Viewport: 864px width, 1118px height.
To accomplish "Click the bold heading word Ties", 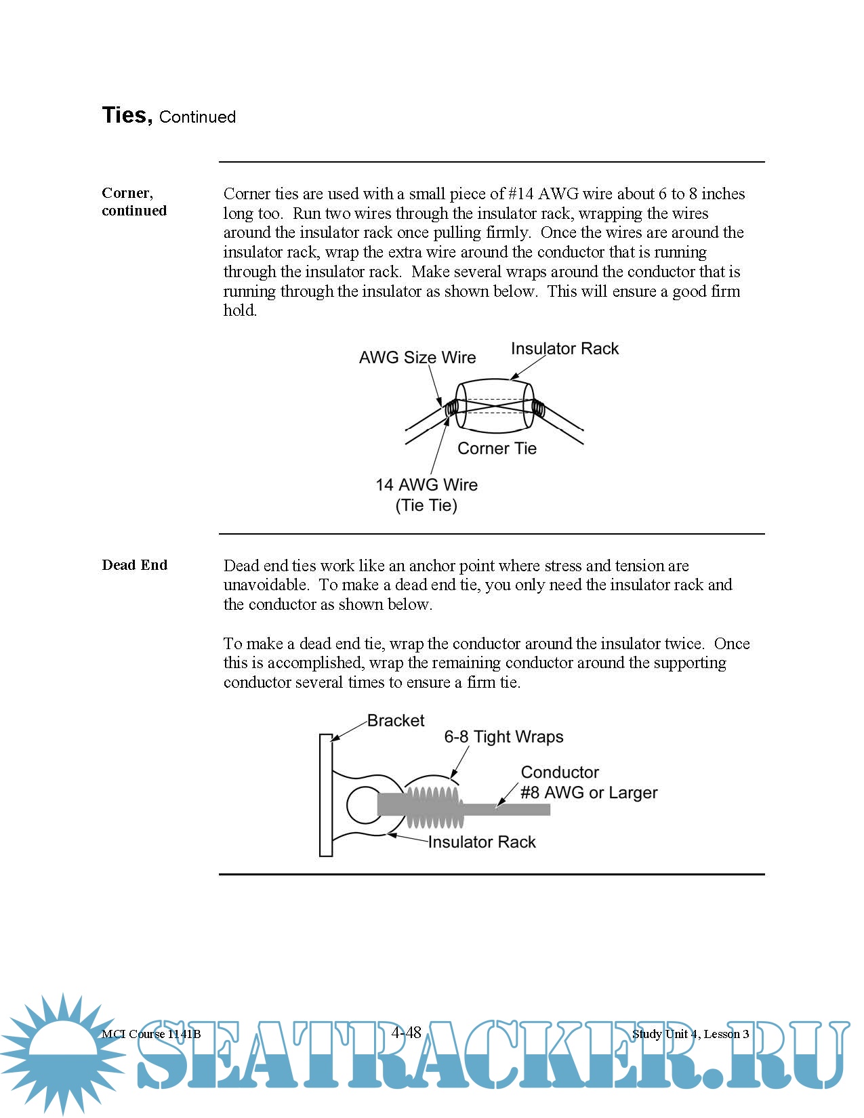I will click(x=127, y=115).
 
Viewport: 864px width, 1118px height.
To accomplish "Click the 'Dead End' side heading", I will click(x=134, y=565).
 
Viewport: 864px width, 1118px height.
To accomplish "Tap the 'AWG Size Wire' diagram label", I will click(x=417, y=357).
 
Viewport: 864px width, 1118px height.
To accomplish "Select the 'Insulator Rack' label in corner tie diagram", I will click(x=564, y=348).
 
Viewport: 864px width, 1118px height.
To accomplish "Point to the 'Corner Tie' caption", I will click(x=497, y=449).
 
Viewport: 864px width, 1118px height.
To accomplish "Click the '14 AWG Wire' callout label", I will click(x=426, y=485).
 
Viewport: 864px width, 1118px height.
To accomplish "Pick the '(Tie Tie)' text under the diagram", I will click(x=426, y=505).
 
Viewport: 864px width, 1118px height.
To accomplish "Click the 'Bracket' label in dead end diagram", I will click(x=396, y=720).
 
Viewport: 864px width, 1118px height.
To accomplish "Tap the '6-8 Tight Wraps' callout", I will click(x=503, y=737).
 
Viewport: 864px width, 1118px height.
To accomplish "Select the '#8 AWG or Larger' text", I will click(x=589, y=793).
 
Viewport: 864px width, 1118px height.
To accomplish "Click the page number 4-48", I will click(x=406, y=1032).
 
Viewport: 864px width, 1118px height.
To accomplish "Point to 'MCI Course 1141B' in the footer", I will click(x=151, y=1034).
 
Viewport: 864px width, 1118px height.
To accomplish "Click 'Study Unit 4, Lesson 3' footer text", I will click(x=691, y=1034).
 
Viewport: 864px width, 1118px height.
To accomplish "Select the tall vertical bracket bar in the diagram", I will click(x=326, y=795).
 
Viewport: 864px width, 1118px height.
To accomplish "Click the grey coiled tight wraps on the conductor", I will click(x=434, y=806).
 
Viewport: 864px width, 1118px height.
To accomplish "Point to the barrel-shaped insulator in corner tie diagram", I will click(x=495, y=405).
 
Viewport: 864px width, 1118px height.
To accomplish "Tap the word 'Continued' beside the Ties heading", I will click(x=197, y=117).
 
